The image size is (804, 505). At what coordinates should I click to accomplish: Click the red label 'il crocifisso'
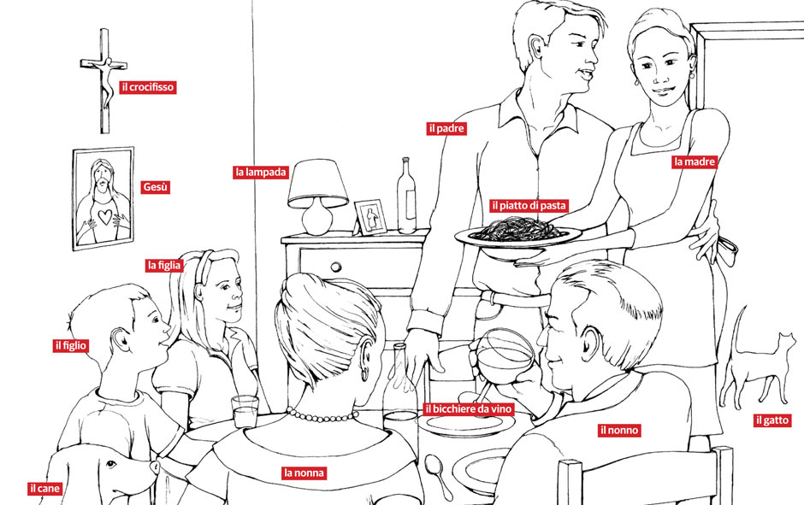coord(148,87)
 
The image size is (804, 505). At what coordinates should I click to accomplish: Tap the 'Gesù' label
coord(155,187)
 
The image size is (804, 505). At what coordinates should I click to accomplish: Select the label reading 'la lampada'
coord(261,173)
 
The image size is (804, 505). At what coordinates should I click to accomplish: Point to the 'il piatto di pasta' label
coord(529,206)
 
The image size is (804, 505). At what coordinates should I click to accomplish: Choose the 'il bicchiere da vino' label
coord(468,408)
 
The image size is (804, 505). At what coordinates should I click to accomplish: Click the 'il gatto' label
coord(771,420)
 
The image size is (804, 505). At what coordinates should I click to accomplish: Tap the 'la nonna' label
coord(304,473)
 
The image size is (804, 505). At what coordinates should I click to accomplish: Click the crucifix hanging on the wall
coord(104,80)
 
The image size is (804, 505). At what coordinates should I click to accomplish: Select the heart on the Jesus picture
coord(105,217)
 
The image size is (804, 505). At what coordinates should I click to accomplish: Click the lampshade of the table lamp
coord(318,183)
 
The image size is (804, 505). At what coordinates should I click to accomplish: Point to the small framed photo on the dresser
coord(370,217)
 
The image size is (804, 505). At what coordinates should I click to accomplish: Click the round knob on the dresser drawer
coord(336,267)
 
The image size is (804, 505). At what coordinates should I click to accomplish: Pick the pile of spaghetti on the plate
coord(519,229)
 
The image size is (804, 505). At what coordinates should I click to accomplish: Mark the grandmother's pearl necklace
coord(322,415)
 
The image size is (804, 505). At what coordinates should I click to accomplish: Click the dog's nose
coord(154,466)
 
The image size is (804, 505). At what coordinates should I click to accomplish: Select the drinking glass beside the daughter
coord(245,411)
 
